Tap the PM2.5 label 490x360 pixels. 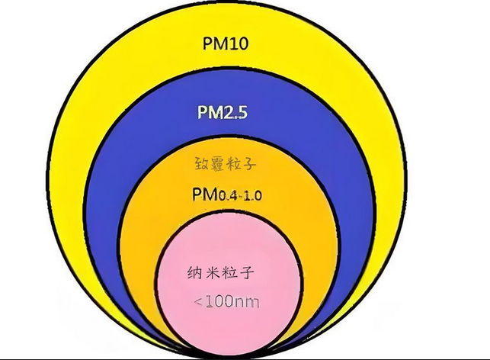223,114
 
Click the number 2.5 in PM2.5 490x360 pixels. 236,114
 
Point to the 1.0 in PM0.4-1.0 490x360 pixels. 253,195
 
